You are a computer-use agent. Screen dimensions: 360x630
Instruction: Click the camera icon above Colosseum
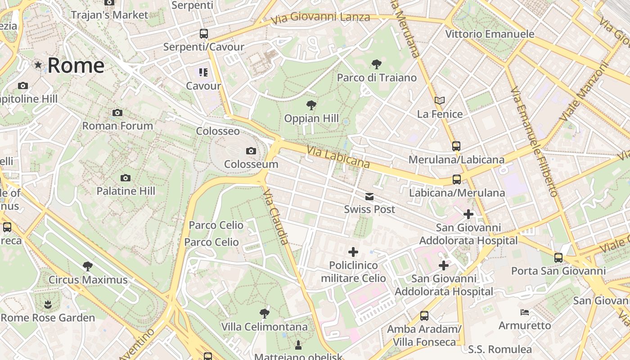click(251, 151)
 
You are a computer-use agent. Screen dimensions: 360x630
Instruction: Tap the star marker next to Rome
click(38, 65)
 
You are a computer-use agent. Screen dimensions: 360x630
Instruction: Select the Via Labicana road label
click(338, 157)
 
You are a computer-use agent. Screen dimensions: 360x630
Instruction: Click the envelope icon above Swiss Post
click(369, 196)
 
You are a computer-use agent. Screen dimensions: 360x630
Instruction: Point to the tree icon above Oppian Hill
click(311, 106)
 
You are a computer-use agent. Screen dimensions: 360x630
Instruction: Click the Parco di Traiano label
click(377, 78)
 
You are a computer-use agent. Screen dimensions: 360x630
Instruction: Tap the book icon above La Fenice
click(440, 101)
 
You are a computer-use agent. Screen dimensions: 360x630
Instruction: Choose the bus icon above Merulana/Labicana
click(456, 146)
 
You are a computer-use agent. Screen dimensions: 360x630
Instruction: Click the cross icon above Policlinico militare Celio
click(353, 252)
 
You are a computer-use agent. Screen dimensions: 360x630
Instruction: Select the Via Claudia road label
click(276, 216)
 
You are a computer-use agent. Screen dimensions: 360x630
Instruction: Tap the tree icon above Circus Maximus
click(88, 266)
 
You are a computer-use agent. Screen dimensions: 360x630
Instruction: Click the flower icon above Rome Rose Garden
click(48, 305)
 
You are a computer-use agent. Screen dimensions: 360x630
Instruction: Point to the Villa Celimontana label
click(264, 327)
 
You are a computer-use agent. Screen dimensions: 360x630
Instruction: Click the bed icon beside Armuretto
click(525, 312)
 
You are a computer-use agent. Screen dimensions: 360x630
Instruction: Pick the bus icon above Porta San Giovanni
click(558, 258)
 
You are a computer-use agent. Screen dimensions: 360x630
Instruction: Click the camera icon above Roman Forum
click(117, 112)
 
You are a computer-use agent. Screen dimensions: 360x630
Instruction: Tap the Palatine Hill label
click(126, 191)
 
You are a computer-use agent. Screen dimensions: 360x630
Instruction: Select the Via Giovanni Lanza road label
click(320, 18)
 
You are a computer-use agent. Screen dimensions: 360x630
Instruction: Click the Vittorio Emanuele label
click(490, 34)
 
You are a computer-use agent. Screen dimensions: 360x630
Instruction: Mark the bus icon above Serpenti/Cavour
click(204, 34)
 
